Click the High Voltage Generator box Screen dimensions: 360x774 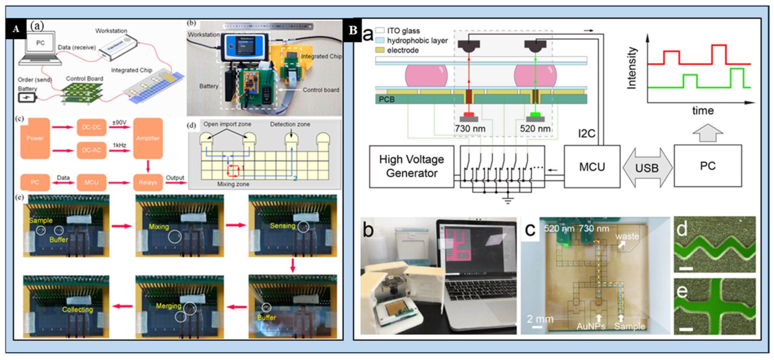point(411,166)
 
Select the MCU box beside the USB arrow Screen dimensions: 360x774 point(591,167)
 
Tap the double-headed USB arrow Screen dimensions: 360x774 point(647,168)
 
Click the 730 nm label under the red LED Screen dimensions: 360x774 point(470,129)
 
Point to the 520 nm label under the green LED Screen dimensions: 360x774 point(535,129)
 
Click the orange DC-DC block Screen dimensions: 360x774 point(91,127)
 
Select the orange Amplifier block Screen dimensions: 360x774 point(148,138)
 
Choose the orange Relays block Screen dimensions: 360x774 point(148,182)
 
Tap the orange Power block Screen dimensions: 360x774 point(35,138)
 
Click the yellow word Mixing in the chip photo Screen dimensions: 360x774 point(159,227)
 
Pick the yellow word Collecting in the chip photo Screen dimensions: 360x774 point(77,309)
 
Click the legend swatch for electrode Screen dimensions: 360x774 point(380,50)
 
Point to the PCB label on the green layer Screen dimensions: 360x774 point(387,99)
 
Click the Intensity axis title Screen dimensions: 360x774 point(632,68)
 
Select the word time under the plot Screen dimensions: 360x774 point(702,111)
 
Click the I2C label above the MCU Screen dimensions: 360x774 point(587,133)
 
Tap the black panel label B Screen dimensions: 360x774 point(353,30)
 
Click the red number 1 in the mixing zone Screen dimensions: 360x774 point(243,168)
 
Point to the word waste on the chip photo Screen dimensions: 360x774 point(627,236)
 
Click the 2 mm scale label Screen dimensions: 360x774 point(540,319)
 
